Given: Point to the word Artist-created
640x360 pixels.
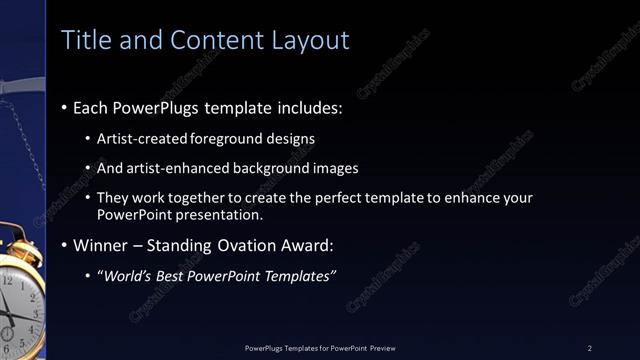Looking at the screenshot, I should [140, 138].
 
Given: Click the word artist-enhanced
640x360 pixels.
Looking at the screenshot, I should [172, 168].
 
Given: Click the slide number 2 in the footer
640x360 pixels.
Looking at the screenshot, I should [590, 347].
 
